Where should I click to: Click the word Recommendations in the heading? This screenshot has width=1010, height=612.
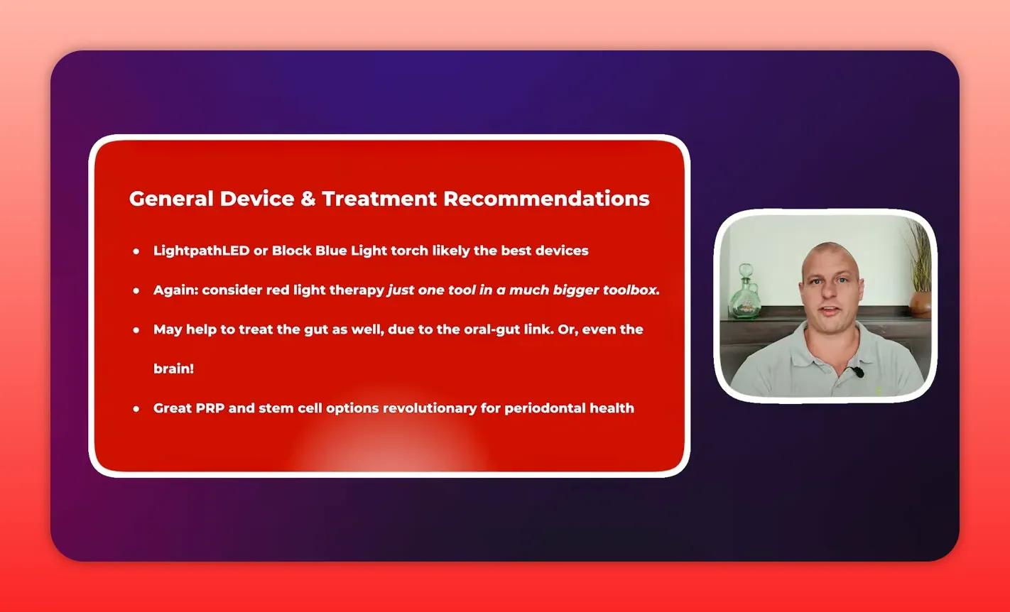tap(546, 199)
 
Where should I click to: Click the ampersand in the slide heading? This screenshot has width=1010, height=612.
tap(308, 199)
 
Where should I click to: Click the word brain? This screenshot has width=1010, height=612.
tap(173, 369)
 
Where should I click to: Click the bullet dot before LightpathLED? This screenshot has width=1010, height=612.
tap(136, 251)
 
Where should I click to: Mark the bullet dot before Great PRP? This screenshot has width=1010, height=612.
tap(136, 409)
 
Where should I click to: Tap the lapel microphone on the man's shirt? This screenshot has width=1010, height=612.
tap(858, 372)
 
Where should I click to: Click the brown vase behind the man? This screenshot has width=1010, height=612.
tap(920, 305)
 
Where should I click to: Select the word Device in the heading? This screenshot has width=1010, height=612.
tap(256, 199)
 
